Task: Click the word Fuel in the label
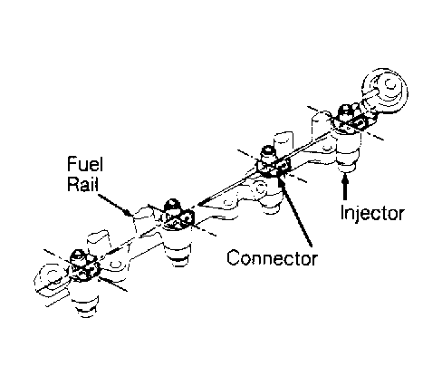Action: click(85, 164)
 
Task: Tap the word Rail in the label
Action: click(82, 183)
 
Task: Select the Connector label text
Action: click(272, 258)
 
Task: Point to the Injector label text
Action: click(372, 213)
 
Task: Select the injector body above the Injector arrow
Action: click(348, 150)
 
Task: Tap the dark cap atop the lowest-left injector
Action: click(78, 256)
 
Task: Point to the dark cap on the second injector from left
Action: click(172, 206)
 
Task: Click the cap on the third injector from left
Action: click(267, 151)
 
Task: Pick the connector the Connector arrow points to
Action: click(283, 167)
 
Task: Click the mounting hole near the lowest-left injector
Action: click(114, 265)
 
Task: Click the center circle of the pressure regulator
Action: click(390, 83)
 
